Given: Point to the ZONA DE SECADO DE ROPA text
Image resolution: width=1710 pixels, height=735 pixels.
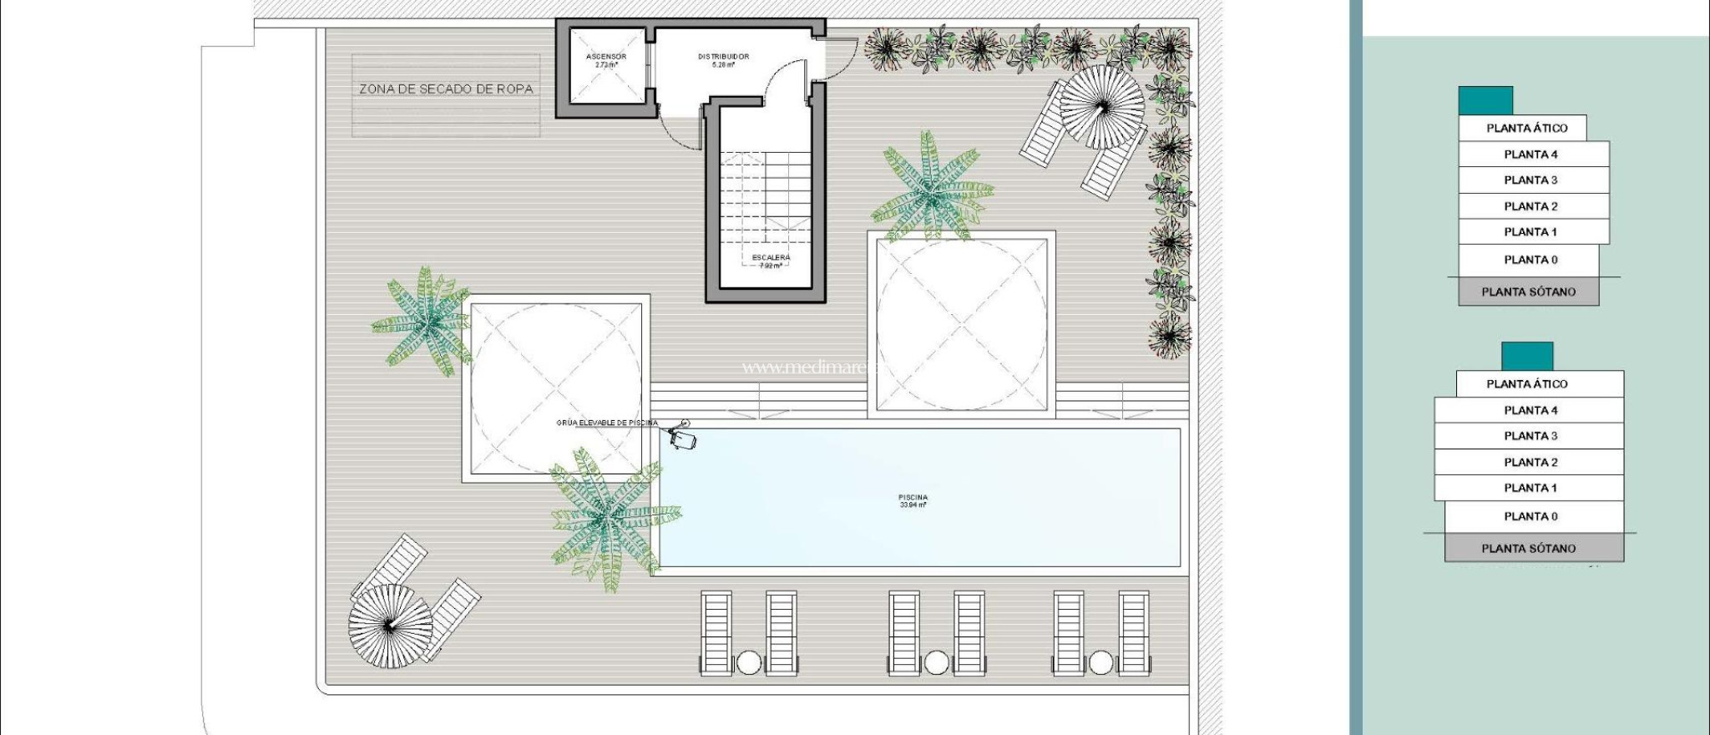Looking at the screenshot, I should point(446,89).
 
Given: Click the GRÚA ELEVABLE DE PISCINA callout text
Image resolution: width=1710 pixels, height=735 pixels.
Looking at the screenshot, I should point(607,423).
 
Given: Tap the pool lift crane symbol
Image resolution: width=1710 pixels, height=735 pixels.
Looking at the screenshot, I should point(682,437).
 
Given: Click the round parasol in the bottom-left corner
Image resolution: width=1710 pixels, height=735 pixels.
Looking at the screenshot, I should point(390,624).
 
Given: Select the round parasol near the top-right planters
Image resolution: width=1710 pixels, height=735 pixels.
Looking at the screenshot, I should point(1102,107).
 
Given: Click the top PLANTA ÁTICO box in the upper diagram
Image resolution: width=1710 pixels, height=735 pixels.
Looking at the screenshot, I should point(1522,128).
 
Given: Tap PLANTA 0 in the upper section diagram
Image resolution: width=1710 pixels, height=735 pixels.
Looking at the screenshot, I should point(1530,260).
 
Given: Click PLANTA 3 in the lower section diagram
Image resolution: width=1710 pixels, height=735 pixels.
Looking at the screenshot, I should point(1530,436).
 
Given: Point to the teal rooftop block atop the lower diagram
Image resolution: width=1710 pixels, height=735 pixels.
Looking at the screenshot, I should point(1526,356).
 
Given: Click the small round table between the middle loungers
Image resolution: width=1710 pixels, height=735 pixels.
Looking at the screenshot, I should point(936,663).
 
